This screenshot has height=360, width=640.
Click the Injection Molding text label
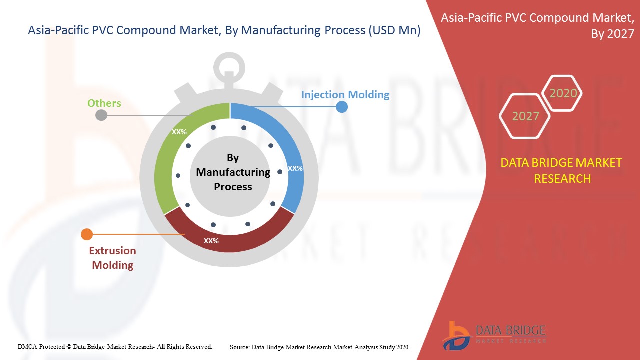[345, 94]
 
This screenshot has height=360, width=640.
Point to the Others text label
[104, 103]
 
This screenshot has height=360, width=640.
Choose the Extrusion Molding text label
[112, 258]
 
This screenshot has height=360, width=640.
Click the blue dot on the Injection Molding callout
[341, 106]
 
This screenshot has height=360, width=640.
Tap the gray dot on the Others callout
[101, 115]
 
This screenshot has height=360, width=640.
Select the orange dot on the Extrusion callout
[87, 234]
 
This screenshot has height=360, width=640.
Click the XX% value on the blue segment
[295, 168]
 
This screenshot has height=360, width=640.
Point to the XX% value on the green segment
[179, 132]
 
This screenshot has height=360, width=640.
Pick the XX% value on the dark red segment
[211, 241]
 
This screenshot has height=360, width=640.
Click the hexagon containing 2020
[563, 93]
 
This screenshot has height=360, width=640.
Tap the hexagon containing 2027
[525, 116]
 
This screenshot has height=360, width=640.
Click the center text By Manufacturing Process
[233, 172]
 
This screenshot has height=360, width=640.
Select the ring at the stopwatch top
[229, 67]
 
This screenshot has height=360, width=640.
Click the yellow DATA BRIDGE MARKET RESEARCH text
[562, 170]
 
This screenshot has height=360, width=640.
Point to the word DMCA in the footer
[27, 346]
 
